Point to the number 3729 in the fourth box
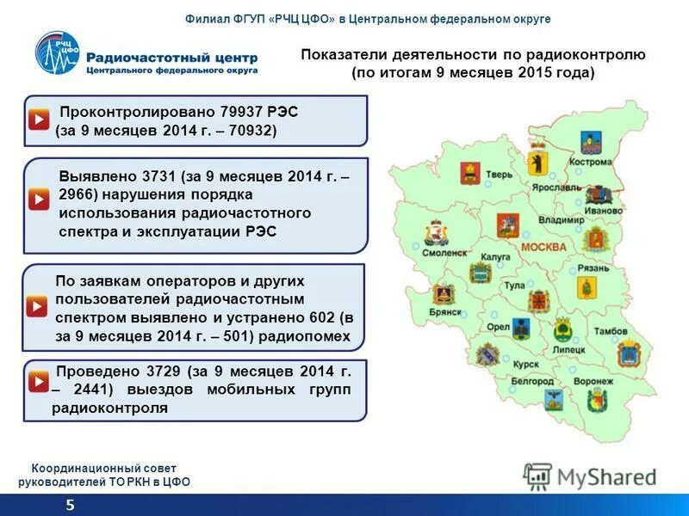(x=161, y=372)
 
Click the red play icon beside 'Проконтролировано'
(x=39, y=120)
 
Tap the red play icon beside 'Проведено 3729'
(x=39, y=379)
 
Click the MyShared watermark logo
(x=591, y=476)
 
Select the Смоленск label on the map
(x=444, y=253)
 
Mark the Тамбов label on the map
(x=610, y=331)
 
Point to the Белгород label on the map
(x=531, y=380)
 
